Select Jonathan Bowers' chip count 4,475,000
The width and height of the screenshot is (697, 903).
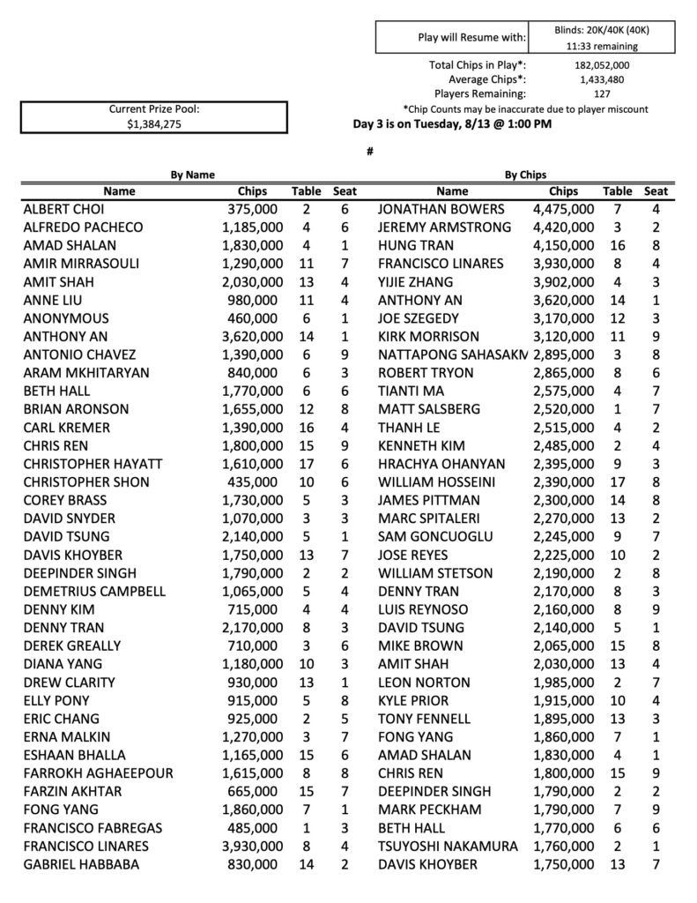tap(563, 209)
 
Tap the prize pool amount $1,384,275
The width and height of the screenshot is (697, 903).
tap(155, 125)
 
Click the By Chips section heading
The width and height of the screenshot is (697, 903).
tap(525, 175)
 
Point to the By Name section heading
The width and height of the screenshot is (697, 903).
tap(192, 175)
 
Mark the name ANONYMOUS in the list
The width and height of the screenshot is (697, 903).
tap(66, 318)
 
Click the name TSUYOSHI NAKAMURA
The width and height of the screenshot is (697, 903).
tap(448, 847)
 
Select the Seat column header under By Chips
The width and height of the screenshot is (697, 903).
tap(656, 191)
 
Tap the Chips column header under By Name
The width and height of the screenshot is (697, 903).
tap(258, 191)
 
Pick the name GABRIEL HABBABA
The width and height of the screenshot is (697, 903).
tap(81, 865)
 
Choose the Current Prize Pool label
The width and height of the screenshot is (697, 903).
tap(155, 109)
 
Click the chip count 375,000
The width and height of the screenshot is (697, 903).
tap(252, 209)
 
